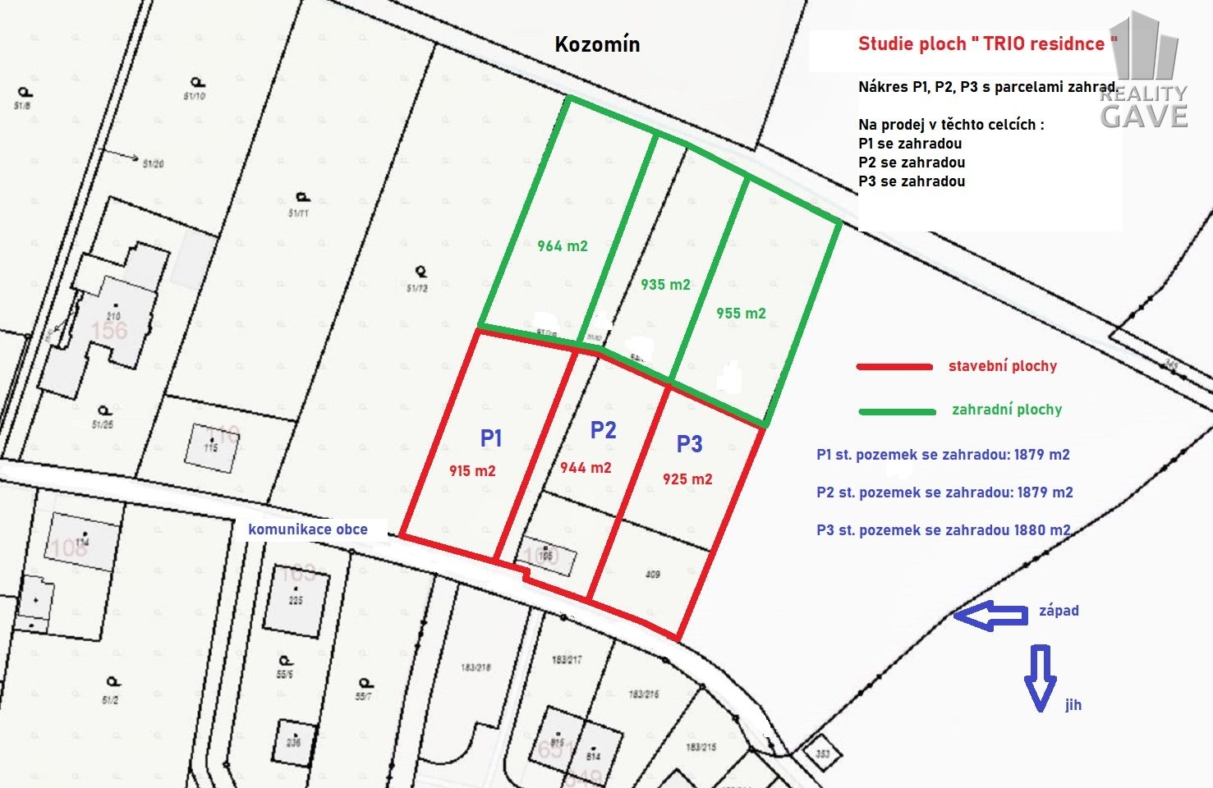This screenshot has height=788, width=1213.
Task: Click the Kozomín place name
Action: click(x=597, y=44)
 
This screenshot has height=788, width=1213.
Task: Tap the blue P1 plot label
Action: click(x=491, y=438)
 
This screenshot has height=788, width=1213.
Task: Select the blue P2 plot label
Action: click(x=603, y=430)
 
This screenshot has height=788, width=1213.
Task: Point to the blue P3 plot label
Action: click(x=689, y=444)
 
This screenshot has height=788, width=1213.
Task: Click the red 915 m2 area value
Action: click(x=472, y=471)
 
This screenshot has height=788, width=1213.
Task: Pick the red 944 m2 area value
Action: click(x=586, y=468)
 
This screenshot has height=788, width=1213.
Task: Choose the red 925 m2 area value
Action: click(x=687, y=479)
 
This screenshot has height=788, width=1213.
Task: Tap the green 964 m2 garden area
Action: click(x=563, y=246)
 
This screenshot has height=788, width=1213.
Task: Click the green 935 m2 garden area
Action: click(x=665, y=285)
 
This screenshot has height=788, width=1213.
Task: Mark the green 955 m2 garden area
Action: click(x=741, y=314)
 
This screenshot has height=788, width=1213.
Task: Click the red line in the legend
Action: click(x=894, y=367)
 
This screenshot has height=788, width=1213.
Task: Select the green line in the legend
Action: click(x=897, y=410)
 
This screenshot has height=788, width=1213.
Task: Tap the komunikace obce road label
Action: click(x=308, y=529)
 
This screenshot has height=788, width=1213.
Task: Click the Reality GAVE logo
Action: click(x=1145, y=74)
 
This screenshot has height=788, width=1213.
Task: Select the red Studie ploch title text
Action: click(x=987, y=44)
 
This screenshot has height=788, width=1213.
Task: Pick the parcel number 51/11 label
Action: click(x=299, y=213)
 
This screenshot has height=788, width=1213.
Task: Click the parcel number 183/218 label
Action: click(x=476, y=667)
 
